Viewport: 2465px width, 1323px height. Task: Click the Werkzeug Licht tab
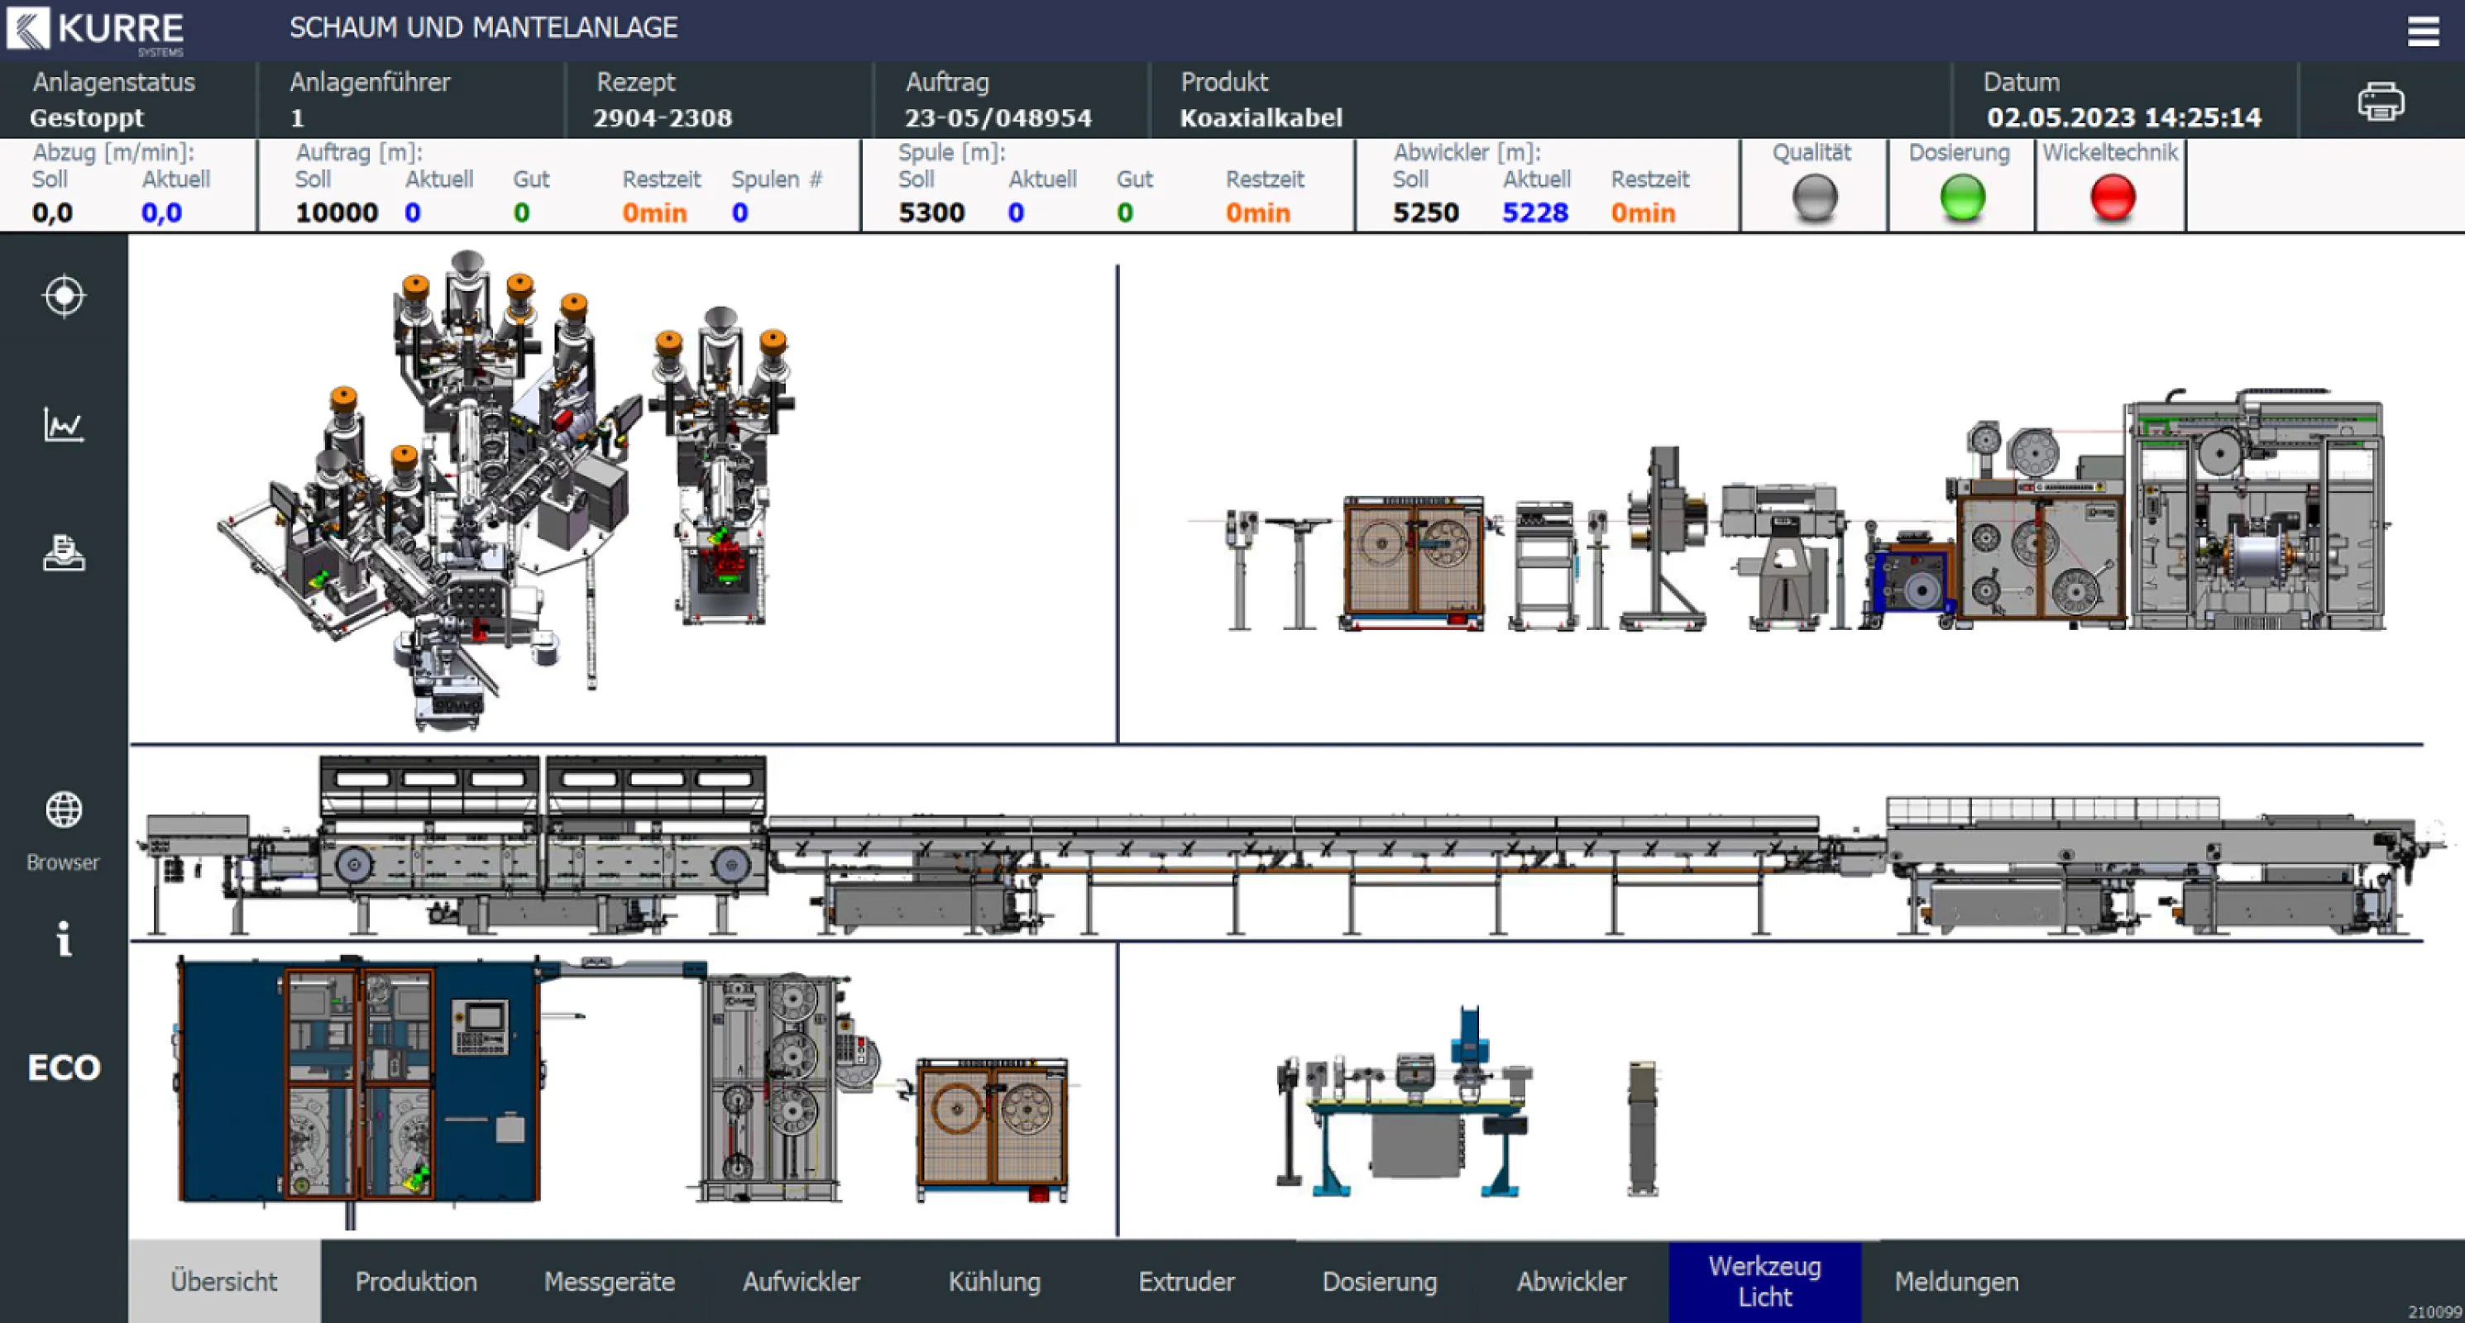tap(1764, 1281)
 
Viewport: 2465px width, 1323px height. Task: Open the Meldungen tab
tap(1956, 1281)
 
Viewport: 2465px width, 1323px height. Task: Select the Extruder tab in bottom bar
tap(1185, 1281)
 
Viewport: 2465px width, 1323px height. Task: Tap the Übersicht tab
tap(224, 1281)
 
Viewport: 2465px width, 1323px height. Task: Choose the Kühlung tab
tap(994, 1281)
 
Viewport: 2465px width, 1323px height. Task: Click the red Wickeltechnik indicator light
tap(2112, 197)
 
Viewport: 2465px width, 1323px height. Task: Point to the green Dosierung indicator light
tap(1962, 197)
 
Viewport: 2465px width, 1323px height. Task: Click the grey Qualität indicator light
tap(1813, 198)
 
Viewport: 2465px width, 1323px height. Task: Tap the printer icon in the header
tap(2380, 102)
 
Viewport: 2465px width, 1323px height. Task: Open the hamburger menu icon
tap(2423, 31)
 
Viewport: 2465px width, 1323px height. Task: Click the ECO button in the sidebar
tap(63, 1067)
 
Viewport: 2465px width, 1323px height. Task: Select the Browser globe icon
tap(63, 810)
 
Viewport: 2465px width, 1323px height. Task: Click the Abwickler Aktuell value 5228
tap(1534, 213)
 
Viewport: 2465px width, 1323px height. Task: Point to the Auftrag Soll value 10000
tap(336, 213)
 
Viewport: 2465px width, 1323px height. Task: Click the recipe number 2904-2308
tap(663, 117)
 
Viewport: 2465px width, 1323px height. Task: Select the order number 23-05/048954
tap(997, 117)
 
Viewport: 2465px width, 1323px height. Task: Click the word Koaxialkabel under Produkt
tap(1261, 117)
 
